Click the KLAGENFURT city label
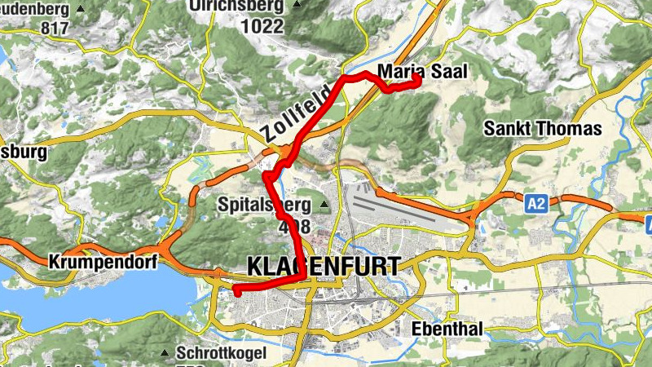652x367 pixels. [323, 266]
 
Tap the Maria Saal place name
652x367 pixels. [422, 72]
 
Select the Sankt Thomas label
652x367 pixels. [542, 128]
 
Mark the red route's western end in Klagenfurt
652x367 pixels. [235, 290]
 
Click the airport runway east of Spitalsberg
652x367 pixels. [399, 207]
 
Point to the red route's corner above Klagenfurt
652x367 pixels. [304, 278]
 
